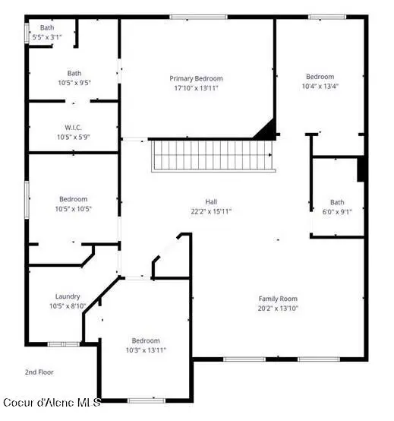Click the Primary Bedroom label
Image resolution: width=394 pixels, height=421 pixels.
196,78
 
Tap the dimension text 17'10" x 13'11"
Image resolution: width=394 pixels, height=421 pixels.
196,87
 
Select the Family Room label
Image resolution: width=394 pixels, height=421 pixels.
278,299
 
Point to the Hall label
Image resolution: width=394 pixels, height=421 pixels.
200,201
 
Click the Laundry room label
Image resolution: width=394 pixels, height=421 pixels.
68,296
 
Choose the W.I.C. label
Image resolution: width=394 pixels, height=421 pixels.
74,127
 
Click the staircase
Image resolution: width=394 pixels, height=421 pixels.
210,155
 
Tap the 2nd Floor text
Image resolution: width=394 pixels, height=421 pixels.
39,372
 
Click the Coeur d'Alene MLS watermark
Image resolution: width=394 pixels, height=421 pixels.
51,402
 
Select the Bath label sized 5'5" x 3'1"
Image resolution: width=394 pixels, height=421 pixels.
47,28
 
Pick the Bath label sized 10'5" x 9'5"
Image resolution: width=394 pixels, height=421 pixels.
74,73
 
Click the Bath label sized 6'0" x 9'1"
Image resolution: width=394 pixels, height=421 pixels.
336,202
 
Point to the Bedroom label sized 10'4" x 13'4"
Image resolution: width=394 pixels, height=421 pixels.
320,76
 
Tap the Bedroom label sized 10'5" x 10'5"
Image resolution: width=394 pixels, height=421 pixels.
74,199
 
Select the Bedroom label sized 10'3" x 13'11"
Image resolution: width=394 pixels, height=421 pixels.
145,340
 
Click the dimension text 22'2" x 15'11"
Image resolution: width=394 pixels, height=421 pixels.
200,211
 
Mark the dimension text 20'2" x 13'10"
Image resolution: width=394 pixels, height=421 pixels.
278,308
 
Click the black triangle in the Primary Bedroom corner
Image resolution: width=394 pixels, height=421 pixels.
266,131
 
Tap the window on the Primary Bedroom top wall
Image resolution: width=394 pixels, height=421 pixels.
198,17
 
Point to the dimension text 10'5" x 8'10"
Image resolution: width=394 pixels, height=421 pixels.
68,305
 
